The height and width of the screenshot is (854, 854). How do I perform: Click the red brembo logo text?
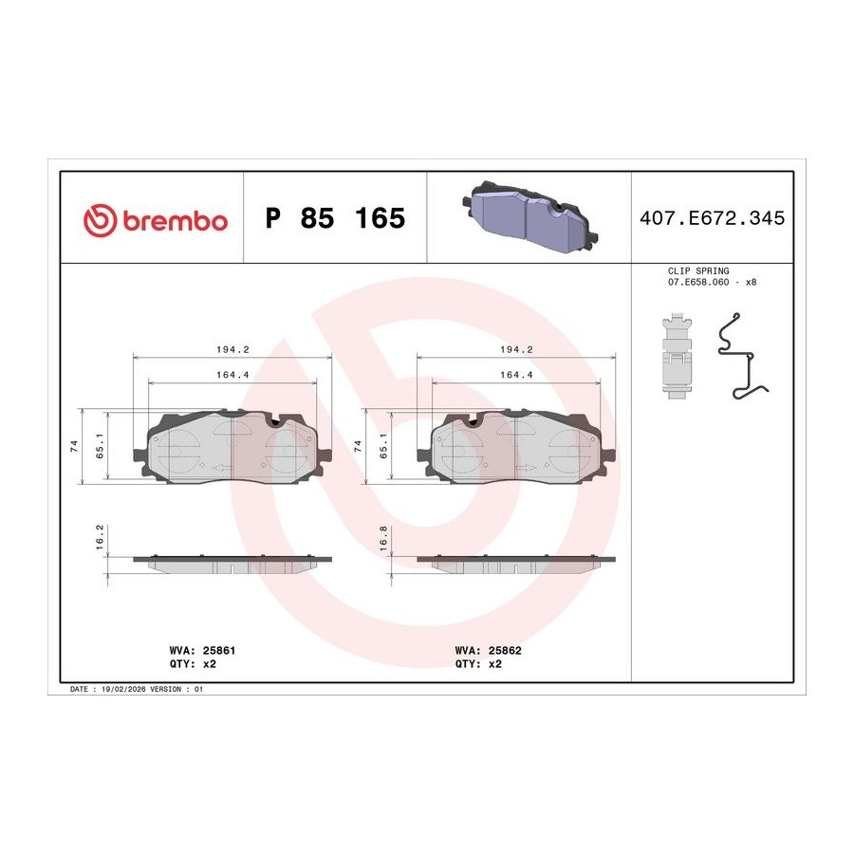(175, 221)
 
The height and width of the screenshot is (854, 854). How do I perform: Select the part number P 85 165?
(335, 218)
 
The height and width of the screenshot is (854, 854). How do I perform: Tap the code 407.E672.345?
(712, 218)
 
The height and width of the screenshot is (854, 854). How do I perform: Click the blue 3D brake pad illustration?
(529, 216)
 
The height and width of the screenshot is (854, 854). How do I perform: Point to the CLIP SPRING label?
(698, 270)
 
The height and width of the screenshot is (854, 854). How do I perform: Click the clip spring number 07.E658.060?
(698, 282)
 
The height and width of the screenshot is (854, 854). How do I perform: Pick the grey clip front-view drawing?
(677, 356)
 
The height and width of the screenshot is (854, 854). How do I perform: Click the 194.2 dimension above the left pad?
(232, 349)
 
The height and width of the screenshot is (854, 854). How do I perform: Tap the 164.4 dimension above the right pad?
(516, 375)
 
